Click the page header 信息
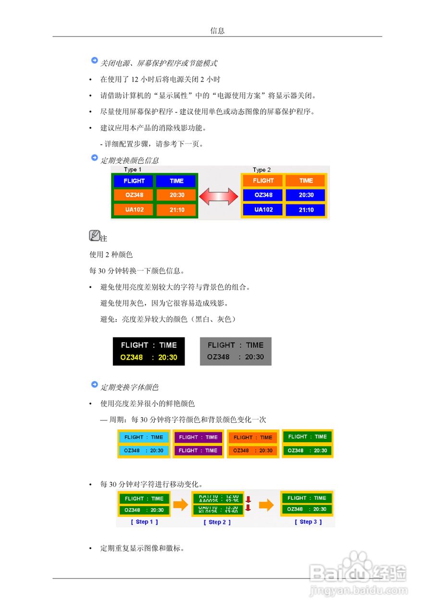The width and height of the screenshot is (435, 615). point(217,31)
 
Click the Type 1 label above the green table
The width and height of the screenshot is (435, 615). point(133,170)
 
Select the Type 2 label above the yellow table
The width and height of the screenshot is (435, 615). point(261,170)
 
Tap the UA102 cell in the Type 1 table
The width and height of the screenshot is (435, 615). point(134,209)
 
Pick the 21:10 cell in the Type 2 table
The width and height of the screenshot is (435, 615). point(306,210)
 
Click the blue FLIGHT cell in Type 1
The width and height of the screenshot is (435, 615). point(134,181)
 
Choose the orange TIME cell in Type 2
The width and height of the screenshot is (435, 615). point(306,181)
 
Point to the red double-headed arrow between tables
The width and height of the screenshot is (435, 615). point(219,196)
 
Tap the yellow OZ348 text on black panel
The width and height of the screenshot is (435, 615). point(132,357)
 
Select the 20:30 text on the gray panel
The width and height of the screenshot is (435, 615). point(254,357)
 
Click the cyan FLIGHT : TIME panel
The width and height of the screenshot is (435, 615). point(144,437)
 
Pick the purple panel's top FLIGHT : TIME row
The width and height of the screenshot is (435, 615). point(198,437)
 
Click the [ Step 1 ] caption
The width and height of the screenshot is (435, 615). point(144,522)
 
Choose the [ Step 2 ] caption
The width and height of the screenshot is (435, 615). point(217,522)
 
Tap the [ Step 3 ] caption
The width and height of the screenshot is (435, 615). point(308,522)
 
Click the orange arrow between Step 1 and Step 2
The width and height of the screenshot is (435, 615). point(180,504)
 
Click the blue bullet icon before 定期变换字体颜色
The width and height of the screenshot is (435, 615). point(94,385)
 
